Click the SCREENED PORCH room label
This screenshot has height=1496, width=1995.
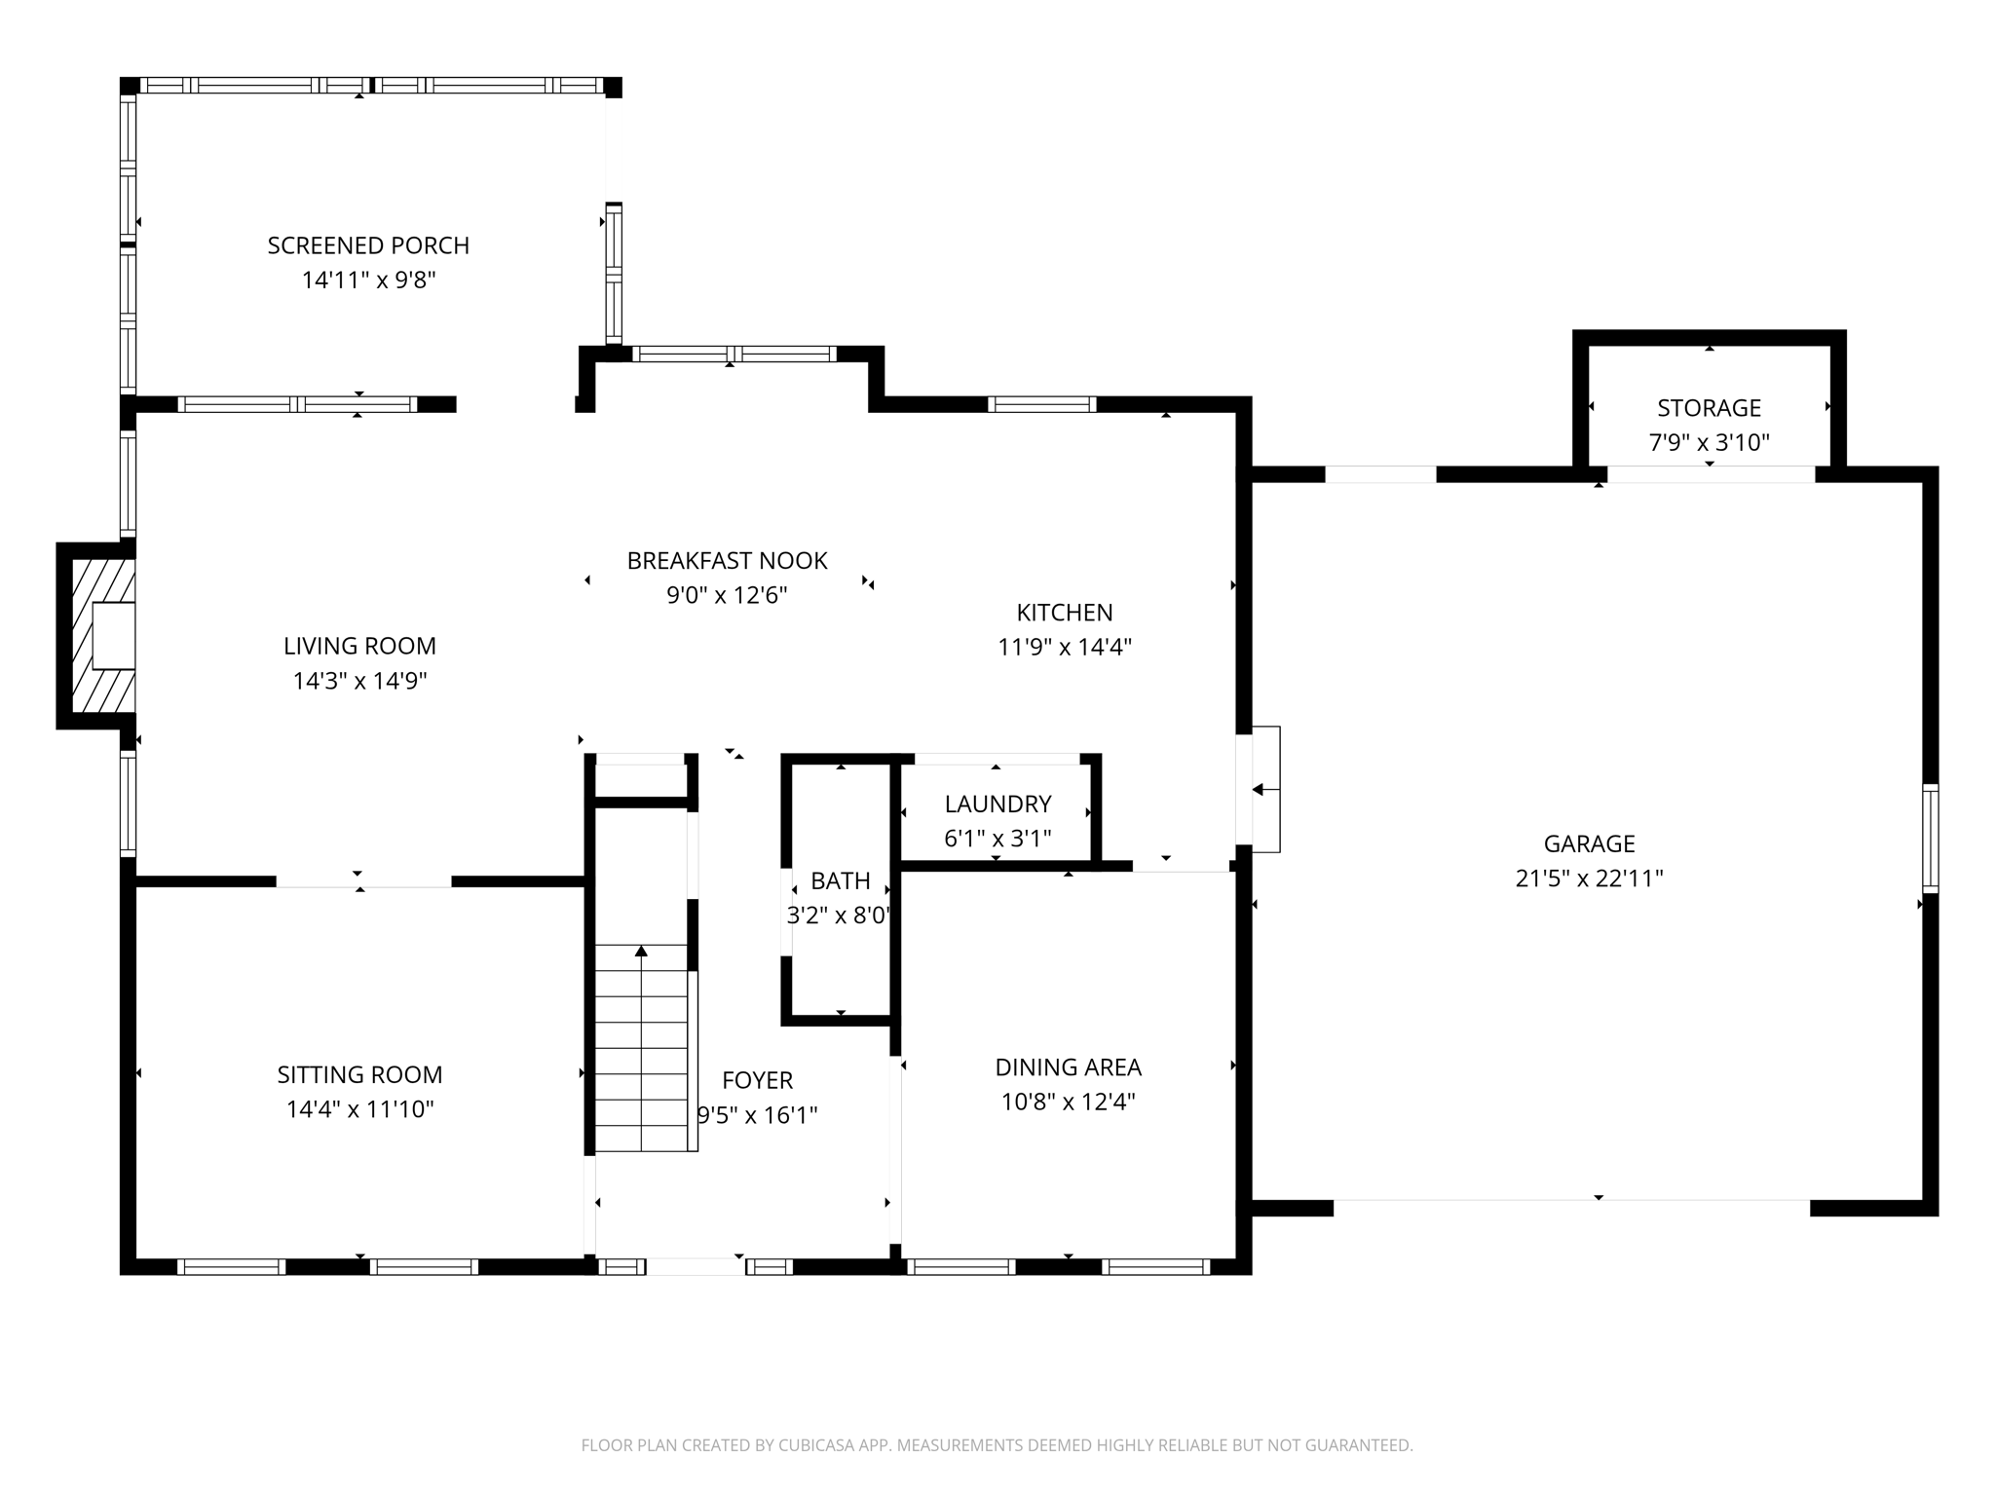[x=368, y=245]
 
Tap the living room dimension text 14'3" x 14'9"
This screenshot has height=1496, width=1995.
[x=359, y=681]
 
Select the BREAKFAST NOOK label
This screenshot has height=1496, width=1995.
[x=727, y=561]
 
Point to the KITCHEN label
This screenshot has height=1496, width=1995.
[x=1064, y=613]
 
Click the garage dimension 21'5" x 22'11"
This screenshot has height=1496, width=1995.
[x=1589, y=879]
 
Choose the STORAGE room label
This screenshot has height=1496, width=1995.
[x=1709, y=408]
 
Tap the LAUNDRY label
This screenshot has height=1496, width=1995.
[x=997, y=804]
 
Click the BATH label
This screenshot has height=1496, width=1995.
[x=840, y=880]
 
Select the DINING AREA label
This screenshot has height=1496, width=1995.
[x=1068, y=1067]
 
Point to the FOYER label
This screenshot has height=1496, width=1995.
[x=757, y=1080]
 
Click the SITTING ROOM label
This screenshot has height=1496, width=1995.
[x=359, y=1074]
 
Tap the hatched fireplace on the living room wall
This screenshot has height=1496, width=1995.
[x=102, y=635]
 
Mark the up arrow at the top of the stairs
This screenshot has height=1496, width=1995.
[x=641, y=951]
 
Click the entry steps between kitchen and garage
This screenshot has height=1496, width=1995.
[x=1264, y=790]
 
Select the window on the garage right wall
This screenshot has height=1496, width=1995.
[x=1929, y=838]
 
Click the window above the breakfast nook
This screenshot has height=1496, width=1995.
[x=734, y=354]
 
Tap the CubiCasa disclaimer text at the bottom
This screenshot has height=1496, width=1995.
[x=997, y=1445]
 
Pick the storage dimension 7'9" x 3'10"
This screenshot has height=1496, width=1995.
[x=1709, y=443]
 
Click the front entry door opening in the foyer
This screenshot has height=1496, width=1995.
[x=696, y=1266]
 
